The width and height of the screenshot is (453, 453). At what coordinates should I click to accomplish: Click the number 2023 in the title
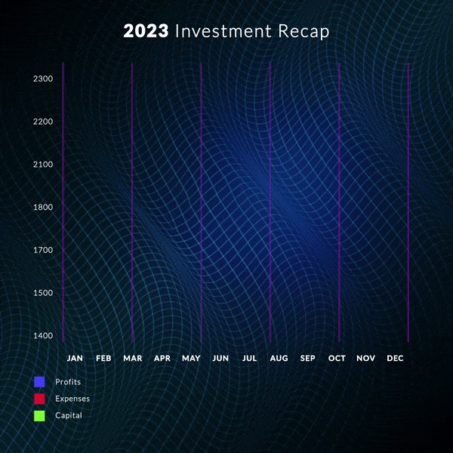[x=146, y=32]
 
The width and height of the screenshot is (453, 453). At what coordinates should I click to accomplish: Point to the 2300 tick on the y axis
[x=43, y=79]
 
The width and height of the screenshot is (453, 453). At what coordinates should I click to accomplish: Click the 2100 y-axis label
[x=43, y=165]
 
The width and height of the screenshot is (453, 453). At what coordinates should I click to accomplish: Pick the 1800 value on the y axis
[x=43, y=208]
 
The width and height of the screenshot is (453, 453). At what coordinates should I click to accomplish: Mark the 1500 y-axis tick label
[x=43, y=293]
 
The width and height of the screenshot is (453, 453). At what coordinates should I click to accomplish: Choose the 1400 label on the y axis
[x=43, y=336]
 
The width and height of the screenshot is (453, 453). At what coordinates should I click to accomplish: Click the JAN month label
[x=75, y=358]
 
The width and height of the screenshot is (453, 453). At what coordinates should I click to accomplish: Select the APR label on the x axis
[x=162, y=358]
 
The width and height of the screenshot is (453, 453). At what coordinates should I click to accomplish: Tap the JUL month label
[x=250, y=358]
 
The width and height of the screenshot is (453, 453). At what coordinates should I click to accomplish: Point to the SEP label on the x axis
[x=308, y=358]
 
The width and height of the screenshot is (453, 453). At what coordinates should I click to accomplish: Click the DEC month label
[x=395, y=358]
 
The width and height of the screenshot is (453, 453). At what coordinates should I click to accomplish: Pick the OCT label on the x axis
[x=337, y=358]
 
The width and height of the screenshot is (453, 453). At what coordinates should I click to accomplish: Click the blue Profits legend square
[x=39, y=382]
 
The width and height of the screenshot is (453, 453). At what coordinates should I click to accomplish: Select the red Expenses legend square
[x=39, y=399]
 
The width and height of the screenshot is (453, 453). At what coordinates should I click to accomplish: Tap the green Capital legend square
[x=39, y=415]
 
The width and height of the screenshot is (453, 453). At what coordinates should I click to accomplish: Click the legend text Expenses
[x=72, y=399]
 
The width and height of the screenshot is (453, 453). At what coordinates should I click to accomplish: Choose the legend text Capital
[x=69, y=415]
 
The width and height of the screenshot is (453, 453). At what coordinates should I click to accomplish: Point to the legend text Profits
[x=68, y=382]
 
